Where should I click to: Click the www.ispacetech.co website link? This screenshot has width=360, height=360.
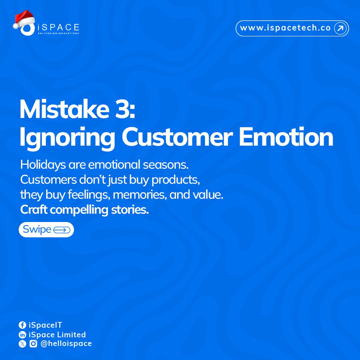pyautogui.click(x=285, y=28)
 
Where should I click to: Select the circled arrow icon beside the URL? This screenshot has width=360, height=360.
pyautogui.click(x=340, y=29)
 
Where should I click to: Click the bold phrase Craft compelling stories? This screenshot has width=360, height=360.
pyautogui.click(x=84, y=210)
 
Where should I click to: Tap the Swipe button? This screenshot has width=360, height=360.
pyautogui.click(x=46, y=230)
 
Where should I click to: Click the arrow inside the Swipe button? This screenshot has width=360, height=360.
pyautogui.click(x=62, y=230)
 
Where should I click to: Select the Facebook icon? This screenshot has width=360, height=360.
pyautogui.click(x=22, y=325)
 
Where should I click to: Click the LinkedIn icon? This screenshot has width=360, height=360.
pyautogui.click(x=22, y=335)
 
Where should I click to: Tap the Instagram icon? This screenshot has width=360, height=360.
pyautogui.click(x=33, y=344)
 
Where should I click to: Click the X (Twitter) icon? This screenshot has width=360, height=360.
pyautogui.click(x=22, y=344)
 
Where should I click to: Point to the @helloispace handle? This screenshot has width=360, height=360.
pyautogui.click(x=66, y=344)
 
